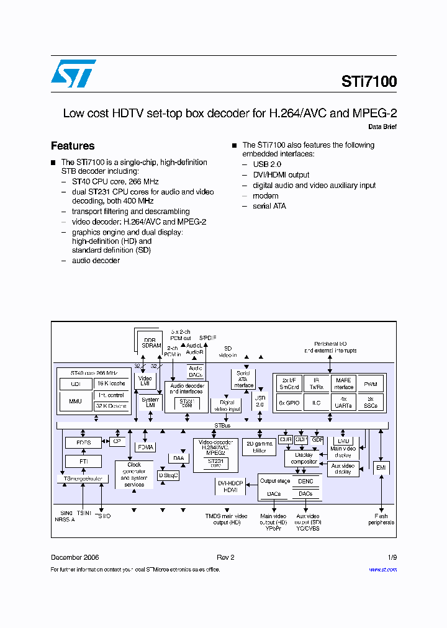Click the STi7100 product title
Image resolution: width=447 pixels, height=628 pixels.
(369, 81)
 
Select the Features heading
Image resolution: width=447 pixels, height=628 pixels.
(73, 146)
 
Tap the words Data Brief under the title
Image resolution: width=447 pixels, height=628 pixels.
(382, 127)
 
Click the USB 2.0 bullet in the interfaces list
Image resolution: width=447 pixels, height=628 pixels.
(267, 164)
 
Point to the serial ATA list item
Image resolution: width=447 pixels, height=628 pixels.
(269, 206)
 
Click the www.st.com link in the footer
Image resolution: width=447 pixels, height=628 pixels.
(382, 570)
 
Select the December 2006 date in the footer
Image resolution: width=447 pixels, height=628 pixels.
(74, 557)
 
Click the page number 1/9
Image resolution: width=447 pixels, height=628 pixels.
(392, 557)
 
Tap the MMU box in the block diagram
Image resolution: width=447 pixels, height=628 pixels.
(76, 401)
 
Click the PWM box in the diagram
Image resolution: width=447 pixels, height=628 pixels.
(370, 384)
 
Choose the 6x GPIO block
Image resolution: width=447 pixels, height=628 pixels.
(289, 403)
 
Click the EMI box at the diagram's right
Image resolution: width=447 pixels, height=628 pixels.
(381, 467)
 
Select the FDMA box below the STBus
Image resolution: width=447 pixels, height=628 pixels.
(145, 447)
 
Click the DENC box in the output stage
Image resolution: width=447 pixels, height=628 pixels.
(305, 481)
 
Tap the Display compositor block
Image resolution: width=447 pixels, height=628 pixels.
(304, 458)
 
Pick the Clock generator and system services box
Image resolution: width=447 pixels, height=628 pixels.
(134, 475)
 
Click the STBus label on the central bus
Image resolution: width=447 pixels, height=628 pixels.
(222, 426)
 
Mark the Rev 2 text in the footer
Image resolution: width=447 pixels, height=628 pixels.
(225, 557)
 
